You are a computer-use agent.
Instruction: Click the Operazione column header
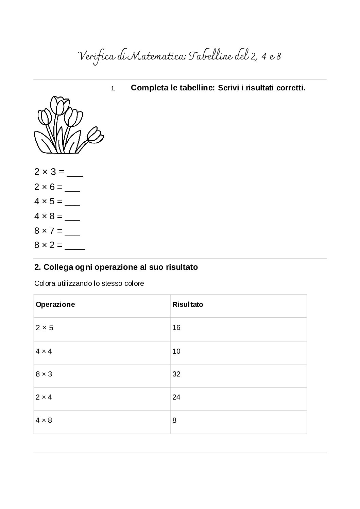click(x=55, y=304)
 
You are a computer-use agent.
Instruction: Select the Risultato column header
click(x=187, y=304)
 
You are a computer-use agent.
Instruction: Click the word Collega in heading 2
click(x=56, y=267)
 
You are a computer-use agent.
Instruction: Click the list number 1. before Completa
click(x=113, y=89)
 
